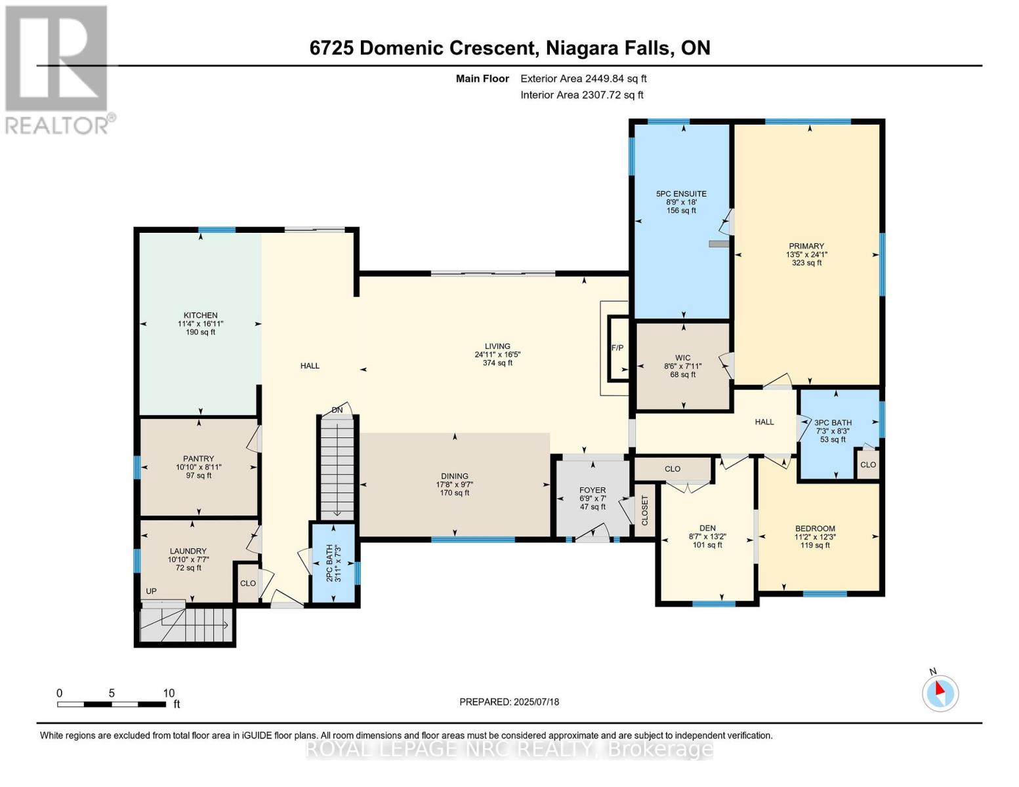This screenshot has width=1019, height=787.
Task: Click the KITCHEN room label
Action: tap(200, 315)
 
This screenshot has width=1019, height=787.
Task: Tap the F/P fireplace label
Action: tap(617, 348)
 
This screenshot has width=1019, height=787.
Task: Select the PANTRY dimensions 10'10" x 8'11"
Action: tap(199, 468)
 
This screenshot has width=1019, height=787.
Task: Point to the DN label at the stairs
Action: tap(337, 411)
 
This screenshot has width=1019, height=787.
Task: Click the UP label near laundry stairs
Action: tap(151, 591)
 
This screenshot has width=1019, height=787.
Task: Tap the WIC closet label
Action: tap(682, 359)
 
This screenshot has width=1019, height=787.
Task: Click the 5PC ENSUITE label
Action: tap(681, 194)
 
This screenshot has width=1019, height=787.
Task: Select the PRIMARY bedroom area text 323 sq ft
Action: tap(806, 263)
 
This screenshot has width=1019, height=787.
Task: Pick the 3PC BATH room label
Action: tap(833, 423)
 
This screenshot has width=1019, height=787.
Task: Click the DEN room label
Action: tap(707, 528)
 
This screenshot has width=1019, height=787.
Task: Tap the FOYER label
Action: tap(593, 491)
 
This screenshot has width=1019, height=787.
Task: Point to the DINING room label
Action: tap(455, 476)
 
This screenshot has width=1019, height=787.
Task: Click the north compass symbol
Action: tap(940, 693)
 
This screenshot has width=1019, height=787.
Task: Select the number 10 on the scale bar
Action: tap(169, 693)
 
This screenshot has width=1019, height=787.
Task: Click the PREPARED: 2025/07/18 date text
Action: tap(509, 702)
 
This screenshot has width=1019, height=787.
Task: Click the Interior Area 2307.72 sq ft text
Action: tap(582, 95)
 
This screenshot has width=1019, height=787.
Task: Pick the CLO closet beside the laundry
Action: tap(247, 583)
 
